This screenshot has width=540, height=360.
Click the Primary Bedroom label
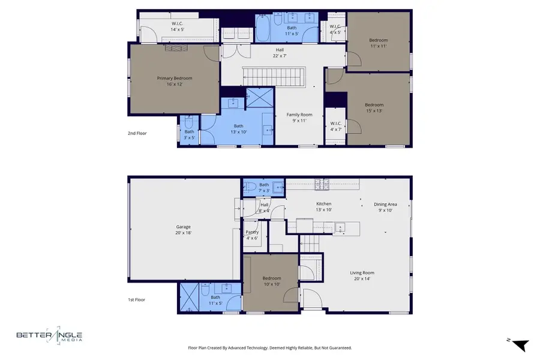[175, 81]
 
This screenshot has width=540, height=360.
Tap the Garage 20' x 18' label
[183, 230]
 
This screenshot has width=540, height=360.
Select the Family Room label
[299, 118]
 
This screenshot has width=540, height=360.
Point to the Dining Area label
[385, 207]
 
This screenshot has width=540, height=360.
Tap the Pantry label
[251, 235]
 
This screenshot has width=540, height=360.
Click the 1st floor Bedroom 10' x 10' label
[271, 281]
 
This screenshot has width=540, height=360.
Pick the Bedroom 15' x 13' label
[374, 107]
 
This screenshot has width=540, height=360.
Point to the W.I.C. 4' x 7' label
[335, 127]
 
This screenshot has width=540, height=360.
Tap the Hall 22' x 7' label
[280, 53]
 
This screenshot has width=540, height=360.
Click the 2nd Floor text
[137, 133]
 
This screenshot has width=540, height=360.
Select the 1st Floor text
[136, 299]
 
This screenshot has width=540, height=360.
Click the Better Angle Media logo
[49, 337]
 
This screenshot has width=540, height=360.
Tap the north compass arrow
[519, 344]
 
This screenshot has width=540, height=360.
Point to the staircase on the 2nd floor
[274, 76]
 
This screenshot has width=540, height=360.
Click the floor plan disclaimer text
[269, 347]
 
